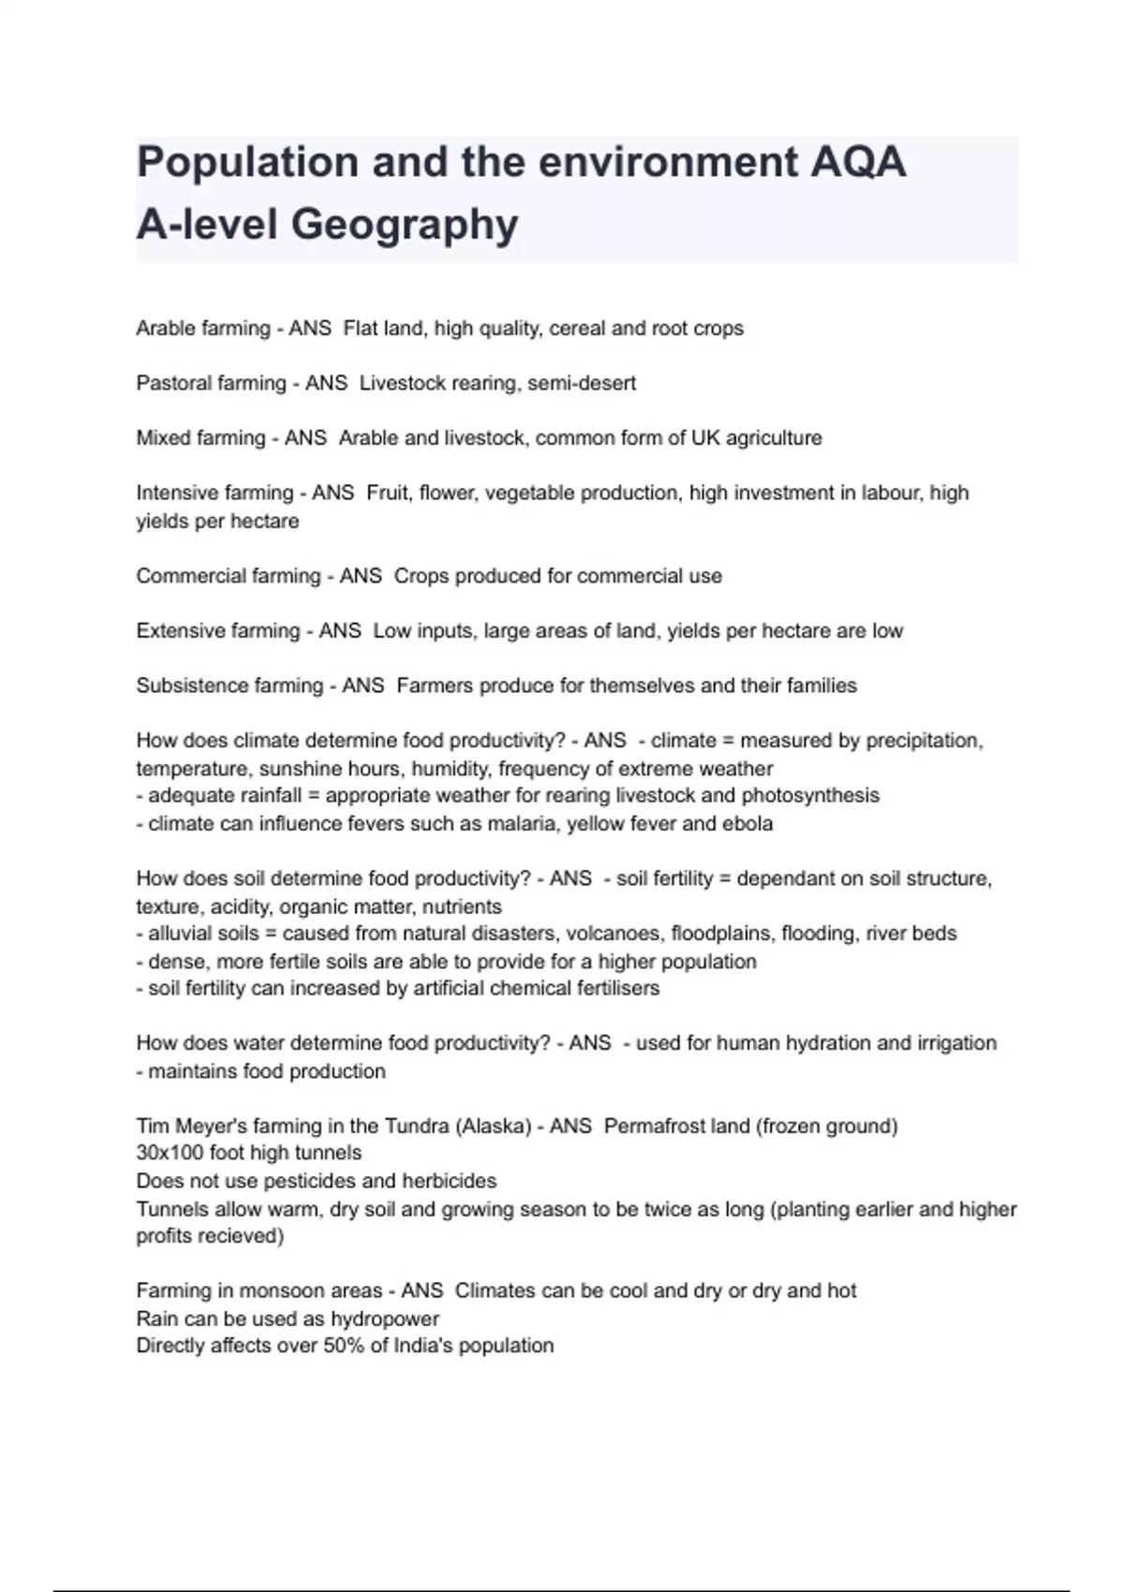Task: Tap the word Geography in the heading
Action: (405, 225)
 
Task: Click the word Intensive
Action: (175, 493)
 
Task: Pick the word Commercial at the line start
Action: (182, 576)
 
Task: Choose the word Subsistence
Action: (184, 685)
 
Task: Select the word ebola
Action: (747, 824)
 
